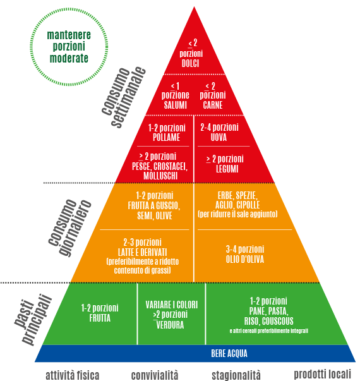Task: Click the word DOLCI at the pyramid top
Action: [x=190, y=63]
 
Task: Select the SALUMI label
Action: [x=175, y=105]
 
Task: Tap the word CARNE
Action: [x=213, y=105]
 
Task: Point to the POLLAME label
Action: [x=166, y=137]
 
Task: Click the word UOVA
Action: [x=219, y=137]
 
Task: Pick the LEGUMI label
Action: [x=227, y=169]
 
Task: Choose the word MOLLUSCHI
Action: [x=160, y=176]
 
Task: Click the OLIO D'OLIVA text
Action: [x=245, y=259]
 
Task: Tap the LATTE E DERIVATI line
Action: [x=142, y=252]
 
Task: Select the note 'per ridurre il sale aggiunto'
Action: [x=237, y=214]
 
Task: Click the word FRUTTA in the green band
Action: [x=100, y=318]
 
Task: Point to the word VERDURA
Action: [x=170, y=325]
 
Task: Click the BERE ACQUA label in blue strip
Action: [x=229, y=354]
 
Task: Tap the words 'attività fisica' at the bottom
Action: [x=73, y=375]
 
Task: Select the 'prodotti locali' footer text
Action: [x=322, y=374]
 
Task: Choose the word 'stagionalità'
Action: [x=236, y=375]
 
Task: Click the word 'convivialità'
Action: [x=155, y=375]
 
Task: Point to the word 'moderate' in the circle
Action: [x=69, y=58]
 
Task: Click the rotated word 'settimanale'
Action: [x=128, y=97]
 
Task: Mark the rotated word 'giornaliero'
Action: [x=75, y=228]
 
